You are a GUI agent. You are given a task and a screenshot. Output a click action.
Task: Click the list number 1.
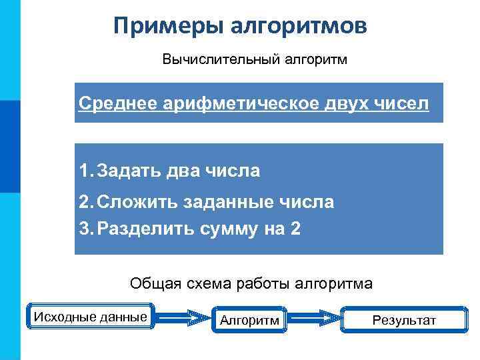84,171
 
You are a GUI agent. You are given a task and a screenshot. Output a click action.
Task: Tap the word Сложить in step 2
136,202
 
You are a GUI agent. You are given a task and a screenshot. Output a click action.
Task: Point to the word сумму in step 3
227,229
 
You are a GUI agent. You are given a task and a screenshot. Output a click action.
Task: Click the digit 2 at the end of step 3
295,229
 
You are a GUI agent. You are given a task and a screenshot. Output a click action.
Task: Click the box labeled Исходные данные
91,317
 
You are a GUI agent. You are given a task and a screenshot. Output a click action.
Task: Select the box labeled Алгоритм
250,321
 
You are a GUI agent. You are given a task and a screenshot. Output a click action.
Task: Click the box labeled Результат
403,321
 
